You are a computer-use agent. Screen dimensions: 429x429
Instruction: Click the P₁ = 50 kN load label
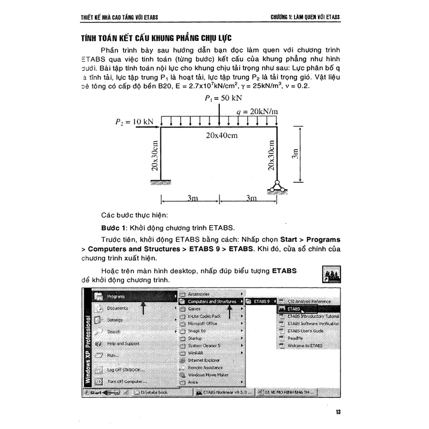223,99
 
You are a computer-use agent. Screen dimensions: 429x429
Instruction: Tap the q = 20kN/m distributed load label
257,112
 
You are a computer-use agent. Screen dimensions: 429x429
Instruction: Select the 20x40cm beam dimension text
221,136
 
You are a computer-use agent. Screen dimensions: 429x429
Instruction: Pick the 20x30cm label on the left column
154,156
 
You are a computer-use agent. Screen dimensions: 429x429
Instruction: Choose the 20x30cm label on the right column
272,156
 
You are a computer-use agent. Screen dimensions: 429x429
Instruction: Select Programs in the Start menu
116,296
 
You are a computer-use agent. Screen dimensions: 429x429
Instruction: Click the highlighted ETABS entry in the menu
293,309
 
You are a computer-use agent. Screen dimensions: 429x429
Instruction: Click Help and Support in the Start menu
123,343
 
